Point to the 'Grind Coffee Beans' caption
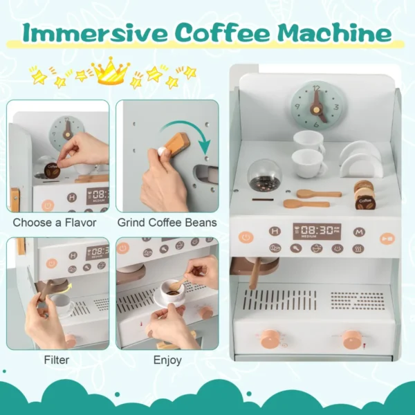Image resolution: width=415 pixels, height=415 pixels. pyautogui.click(x=167, y=223)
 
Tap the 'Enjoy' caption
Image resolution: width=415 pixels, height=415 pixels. pyautogui.click(x=167, y=360)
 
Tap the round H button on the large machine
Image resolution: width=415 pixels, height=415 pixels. pyautogui.click(x=275, y=232)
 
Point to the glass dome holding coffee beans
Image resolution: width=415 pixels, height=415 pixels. pyautogui.click(x=264, y=176)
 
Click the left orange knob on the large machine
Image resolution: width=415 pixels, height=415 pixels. pyautogui.click(x=270, y=338)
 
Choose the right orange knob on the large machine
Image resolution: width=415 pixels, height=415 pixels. pyautogui.click(x=352, y=338)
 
